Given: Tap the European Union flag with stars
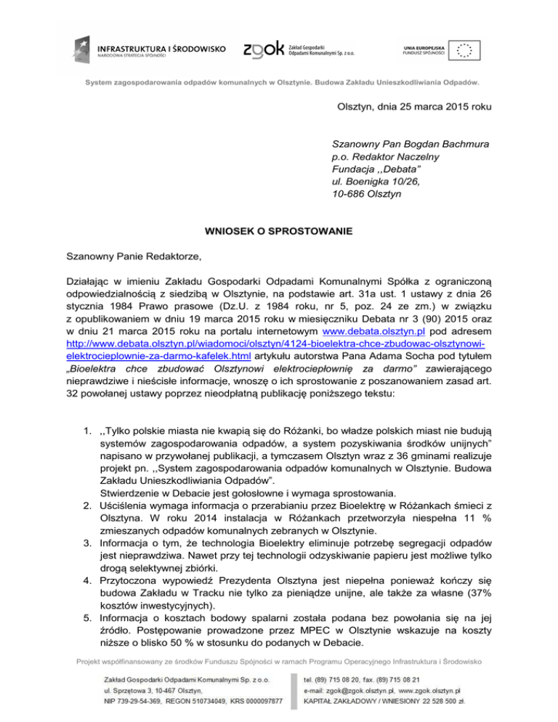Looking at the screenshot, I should (464, 50).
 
